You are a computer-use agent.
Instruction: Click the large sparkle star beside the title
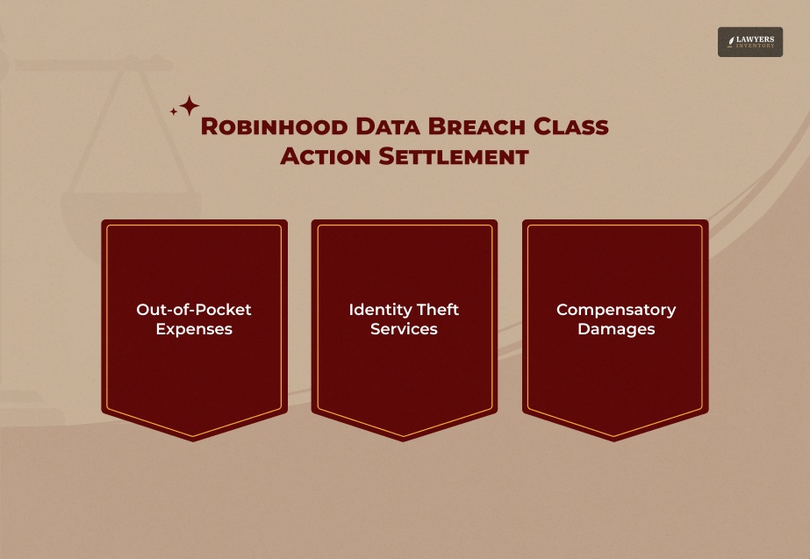coord(190,106)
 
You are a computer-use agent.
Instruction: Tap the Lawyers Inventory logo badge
coord(749,41)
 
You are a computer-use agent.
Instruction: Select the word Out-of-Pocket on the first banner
coord(194,310)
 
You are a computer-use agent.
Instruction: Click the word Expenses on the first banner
coord(194,330)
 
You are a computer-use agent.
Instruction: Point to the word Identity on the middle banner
coord(380,310)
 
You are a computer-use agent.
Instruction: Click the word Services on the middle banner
coord(404,330)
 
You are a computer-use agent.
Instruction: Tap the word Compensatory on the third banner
coord(616,310)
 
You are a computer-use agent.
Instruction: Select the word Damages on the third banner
coord(616,330)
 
